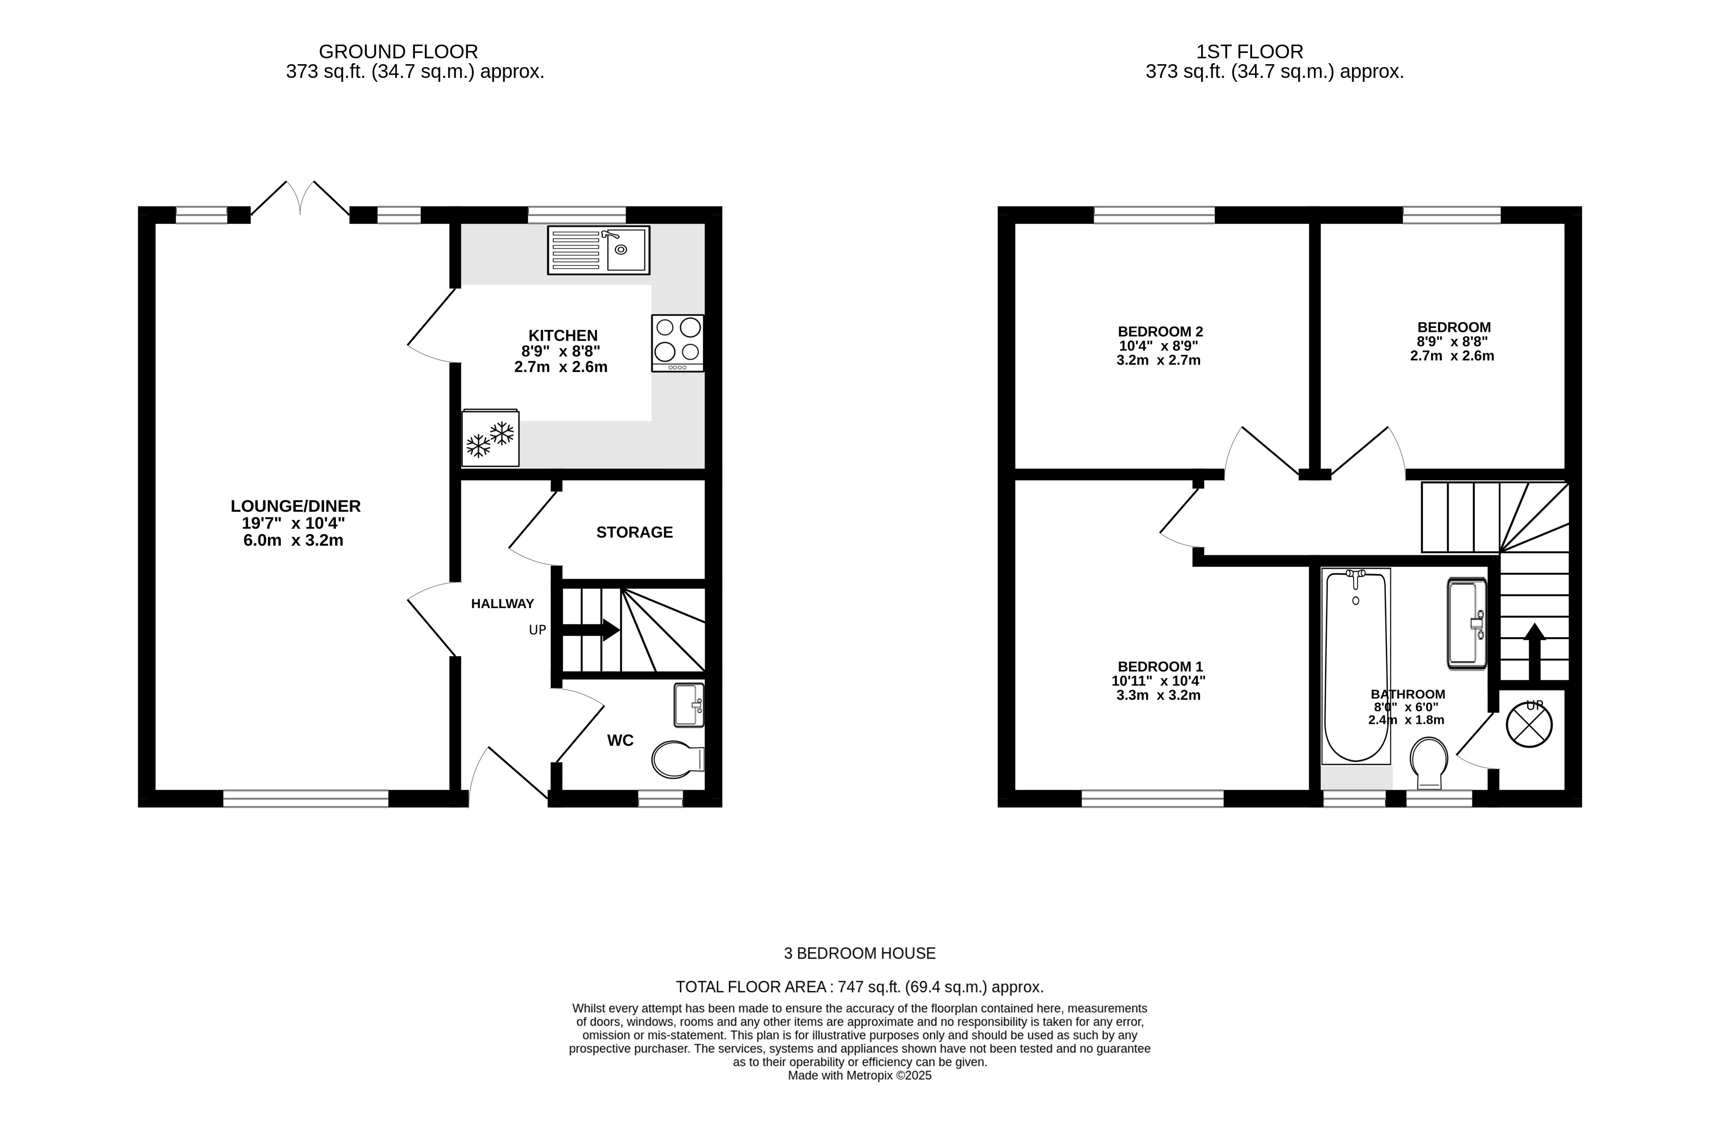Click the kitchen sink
click(598, 250)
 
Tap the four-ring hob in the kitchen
click(678, 343)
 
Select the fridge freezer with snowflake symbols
click(490, 438)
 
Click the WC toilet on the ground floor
click(678, 759)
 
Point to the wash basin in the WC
click(689, 705)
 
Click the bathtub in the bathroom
click(1356, 666)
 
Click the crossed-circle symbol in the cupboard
click(1529, 725)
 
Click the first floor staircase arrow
click(1534, 651)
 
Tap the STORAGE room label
click(635, 532)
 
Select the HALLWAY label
click(503, 603)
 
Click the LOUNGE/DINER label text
click(295, 506)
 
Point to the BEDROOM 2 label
click(1160, 332)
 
